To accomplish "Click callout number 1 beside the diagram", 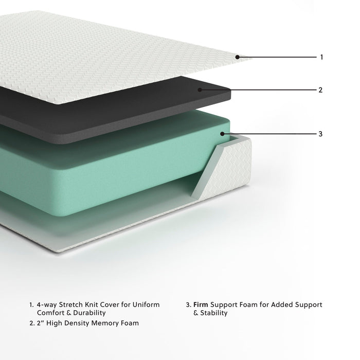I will point(321,57).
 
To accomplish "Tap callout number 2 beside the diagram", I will point(320,90).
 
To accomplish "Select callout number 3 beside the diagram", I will point(320,134).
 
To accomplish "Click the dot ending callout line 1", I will point(237,57).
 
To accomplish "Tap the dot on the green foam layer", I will point(222,134).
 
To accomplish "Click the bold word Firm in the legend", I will point(202,305).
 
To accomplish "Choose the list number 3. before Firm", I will point(189,305).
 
